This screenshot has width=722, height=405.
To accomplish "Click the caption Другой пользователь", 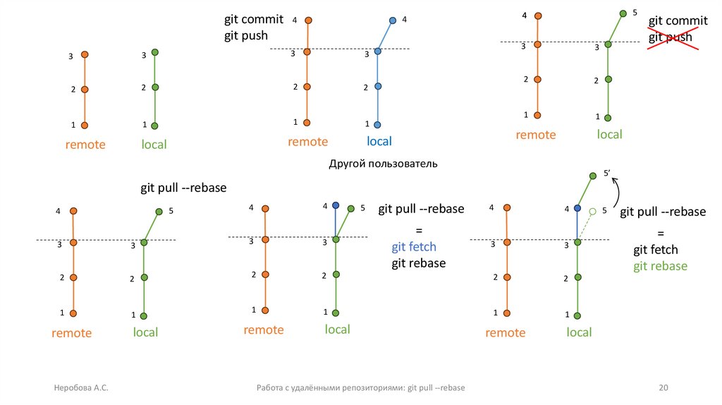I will (x=383, y=164).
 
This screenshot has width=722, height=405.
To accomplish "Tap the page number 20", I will (x=662, y=388).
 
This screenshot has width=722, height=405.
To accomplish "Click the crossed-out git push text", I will (x=671, y=37).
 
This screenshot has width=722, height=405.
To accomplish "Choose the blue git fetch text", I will (x=414, y=247).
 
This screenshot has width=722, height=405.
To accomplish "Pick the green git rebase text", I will (x=660, y=266).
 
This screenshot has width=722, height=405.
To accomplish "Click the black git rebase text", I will (x=419, y=263).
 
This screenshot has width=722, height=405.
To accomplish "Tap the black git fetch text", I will (x=655, y=250).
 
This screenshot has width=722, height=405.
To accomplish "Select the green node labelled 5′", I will (x=591, y=176).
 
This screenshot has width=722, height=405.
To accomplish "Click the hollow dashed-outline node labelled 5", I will (x=593, y=210).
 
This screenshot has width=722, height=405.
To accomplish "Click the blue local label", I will (x=379, y=142).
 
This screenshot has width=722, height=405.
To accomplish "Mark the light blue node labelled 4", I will (x=392, y=20).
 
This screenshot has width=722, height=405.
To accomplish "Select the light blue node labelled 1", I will (x=378, y=124).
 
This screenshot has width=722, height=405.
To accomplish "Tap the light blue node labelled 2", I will (x=378, y=86).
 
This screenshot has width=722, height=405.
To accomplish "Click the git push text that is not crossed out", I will (x=246, y=36).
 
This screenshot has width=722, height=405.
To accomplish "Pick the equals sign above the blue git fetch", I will (x=417, y=231).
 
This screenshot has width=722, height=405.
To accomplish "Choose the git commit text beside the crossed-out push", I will (x=678, y=21).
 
